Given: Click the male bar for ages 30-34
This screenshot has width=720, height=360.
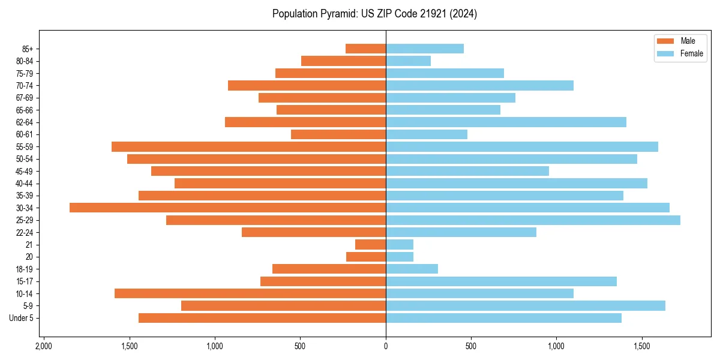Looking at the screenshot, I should point(227,208).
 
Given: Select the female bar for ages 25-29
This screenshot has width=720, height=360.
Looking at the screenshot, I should point(533,220).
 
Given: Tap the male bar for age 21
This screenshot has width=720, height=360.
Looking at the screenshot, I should point(370,244).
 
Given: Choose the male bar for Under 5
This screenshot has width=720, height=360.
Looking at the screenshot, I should point(262,318).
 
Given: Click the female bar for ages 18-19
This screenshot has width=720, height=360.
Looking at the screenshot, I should point(412,269).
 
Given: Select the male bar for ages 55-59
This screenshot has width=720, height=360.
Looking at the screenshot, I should point(248,146).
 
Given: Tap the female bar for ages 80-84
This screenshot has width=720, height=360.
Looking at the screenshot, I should point(408,61).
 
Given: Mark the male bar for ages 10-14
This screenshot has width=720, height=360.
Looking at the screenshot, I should point(250,293).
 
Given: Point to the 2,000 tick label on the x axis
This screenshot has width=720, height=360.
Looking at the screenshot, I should point(43,346).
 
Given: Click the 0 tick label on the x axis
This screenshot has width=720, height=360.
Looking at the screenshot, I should point(386,346).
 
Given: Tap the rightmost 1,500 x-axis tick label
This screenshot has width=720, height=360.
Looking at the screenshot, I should point(642,346).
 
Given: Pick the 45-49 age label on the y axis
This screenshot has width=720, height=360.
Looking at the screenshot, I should point(25,171).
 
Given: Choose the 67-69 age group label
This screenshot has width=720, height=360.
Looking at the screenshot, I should point(25,98).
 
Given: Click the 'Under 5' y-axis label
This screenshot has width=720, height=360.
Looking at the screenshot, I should point(22,318).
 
